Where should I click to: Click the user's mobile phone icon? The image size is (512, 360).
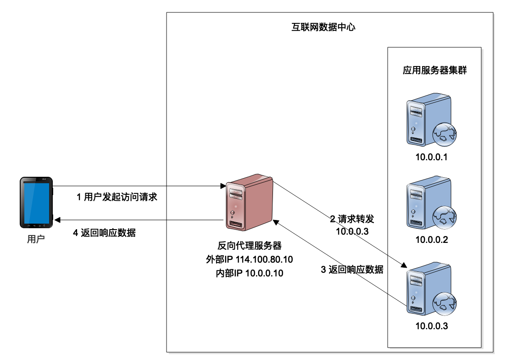point(36,202)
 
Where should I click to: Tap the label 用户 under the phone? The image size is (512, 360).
point(36,239)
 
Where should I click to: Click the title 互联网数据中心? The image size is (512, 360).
point(323,27)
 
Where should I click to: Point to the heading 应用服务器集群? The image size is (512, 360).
point(434,71)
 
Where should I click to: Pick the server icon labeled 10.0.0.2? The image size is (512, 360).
point(427,205)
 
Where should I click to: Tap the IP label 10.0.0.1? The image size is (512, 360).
point(431,157)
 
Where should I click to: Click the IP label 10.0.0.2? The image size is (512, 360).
point(431,240)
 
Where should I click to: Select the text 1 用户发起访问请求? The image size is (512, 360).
point(117,197)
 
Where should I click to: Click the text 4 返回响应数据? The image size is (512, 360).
point(105,233)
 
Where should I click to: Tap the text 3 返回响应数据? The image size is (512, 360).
point(352,270)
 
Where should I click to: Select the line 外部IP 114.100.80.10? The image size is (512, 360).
point(250,259)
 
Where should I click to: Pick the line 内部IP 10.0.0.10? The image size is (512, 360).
point(250,274)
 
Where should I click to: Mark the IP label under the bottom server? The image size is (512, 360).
point(431,326)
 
